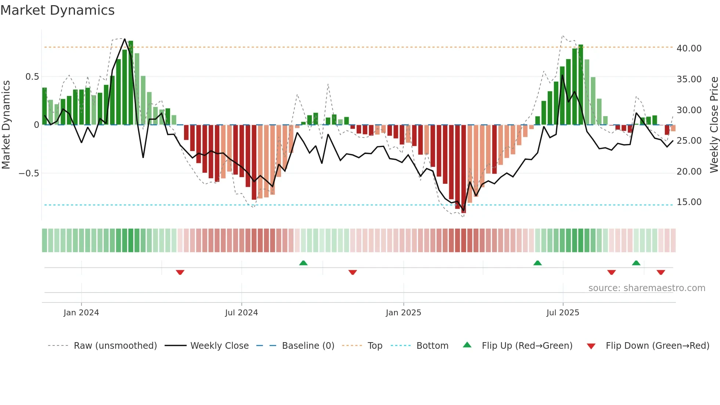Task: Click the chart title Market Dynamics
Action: [x=57, y=10]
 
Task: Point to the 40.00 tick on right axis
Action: [x=689, y=48]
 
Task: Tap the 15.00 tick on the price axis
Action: [x=689, y=202]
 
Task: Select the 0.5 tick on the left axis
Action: [x=32, y=76]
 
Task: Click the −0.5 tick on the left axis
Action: [x=29, y=173]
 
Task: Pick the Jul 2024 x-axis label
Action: [x=241, y=312]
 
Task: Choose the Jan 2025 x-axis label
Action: [x=403, y=312]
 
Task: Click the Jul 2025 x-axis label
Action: [x=562, y=312]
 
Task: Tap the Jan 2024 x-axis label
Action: [x=81, y=312]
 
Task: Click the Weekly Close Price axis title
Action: [x=714, y=125]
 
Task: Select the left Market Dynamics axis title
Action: [x=6, y=125]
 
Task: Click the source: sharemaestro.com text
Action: [x=647, y=288]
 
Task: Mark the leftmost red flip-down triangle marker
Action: [x=180, y=272]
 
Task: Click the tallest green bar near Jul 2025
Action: [x=581, y=85]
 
